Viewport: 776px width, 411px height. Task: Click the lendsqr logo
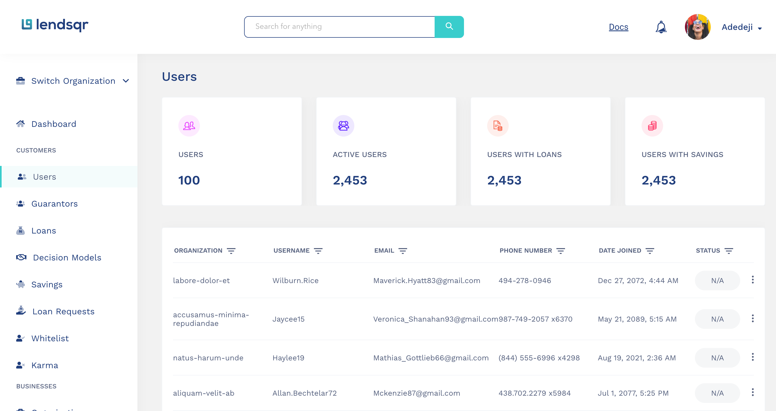(55, 25)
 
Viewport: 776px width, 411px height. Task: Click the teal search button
(449, 27)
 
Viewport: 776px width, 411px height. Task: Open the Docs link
(618, 27)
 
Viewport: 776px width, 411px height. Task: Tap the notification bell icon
(661, 27)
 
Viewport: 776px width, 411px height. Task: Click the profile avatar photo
(698, 27)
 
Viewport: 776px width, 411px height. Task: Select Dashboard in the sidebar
(54, 124)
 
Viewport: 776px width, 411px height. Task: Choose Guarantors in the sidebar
(54, 204)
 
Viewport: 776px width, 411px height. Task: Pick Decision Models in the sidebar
(67, 258)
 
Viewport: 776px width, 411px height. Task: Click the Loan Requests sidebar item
(63, 312)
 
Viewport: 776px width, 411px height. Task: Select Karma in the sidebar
(44, 365)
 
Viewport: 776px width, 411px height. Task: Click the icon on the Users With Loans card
(498, 126)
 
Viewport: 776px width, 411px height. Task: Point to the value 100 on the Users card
(189, 180)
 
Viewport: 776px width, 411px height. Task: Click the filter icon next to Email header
(403, 251)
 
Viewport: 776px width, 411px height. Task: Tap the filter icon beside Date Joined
(650, 251)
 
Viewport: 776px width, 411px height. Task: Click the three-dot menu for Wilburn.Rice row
(753, 280)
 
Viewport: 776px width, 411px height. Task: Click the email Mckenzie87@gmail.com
(417, 393)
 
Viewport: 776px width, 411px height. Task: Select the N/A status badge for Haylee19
(717, 358)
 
